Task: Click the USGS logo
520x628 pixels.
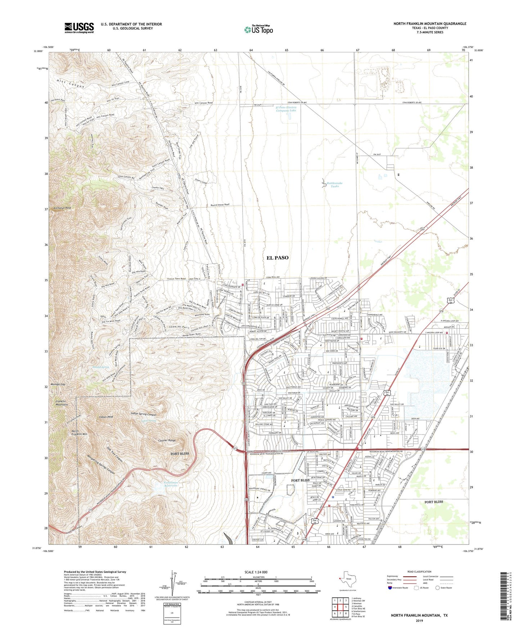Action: tap(79, 27)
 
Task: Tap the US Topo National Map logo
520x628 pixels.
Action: tap(258, 29)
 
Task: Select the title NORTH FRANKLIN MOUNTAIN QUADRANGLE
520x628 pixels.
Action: tap(430, 24)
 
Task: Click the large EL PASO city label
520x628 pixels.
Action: tap(277, 258)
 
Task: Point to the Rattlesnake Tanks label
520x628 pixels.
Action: tap(335, 185)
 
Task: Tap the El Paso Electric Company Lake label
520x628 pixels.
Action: tap(286, 109)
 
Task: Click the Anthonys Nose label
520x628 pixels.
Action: tap(62, 208)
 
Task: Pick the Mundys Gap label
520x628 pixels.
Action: tap(58, 384)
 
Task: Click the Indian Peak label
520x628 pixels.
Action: tap(106, 417)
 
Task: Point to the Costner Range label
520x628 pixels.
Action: tap(167, 440)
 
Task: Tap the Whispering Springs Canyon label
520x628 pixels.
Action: tap(101, 464)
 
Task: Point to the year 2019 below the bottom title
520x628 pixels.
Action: tap(419, 621)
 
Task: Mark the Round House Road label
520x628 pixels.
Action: tap(220, 205)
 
